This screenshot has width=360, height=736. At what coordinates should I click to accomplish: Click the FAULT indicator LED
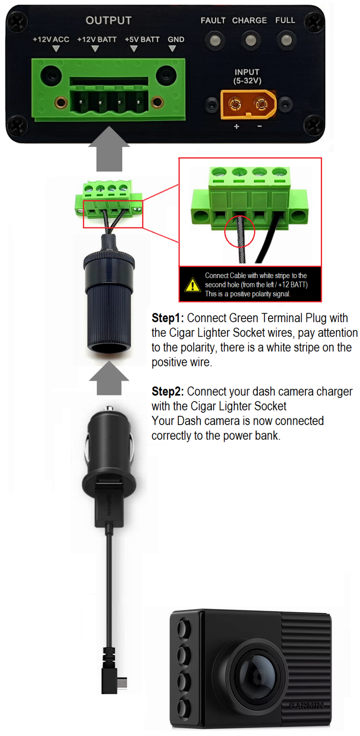click(x=215, y=41)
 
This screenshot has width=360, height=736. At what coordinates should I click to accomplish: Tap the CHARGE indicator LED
click(x=251, y=41)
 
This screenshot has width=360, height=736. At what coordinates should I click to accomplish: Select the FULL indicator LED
click(x=286, y=41)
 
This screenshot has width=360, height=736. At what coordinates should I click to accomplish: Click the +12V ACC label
click(x=51, y=40)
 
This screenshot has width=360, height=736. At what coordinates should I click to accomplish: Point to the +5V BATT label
click(x=142, y=40)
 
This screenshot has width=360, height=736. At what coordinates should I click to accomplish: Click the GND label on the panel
click(x=176, y=40)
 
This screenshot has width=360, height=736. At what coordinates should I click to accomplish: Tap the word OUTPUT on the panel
click(x=108, y=20)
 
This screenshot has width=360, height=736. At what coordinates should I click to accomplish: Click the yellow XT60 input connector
click(x=248, y=104)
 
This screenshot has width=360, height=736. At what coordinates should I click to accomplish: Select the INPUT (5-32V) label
click(x=247, y=76)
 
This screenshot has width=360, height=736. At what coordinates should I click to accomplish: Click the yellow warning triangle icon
click(x=192, y=285)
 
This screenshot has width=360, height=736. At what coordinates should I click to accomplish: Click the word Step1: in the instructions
click(x=168, y=318)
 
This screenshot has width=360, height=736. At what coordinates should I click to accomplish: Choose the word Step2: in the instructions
click(x=168, y=391)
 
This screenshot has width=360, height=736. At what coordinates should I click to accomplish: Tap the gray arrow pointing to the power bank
click(x=109, y=149)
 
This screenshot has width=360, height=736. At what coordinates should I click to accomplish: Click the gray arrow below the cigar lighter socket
click(x=109, y=378)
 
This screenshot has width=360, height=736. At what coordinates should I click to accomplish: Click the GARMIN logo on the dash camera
click(x=307, y=705)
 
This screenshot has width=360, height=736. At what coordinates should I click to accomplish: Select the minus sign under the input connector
click(x=260, y=126)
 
